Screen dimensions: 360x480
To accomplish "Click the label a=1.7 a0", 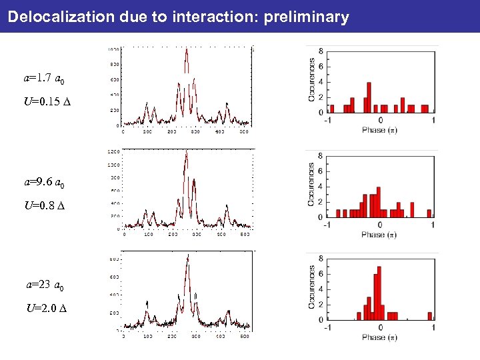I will tap(44, 79).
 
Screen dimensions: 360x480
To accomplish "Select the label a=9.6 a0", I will tap(44, 182).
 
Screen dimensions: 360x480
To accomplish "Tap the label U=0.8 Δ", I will tap(45, 206).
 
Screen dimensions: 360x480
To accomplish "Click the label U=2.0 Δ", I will tap(47, 308).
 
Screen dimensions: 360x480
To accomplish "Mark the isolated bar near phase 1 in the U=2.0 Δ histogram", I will tap(430, 316).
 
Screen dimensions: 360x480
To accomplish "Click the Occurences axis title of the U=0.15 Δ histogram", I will tap(311, 79).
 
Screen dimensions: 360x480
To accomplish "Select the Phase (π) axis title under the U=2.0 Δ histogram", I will tap(379, 337).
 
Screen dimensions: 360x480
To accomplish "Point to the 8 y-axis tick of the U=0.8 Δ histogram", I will tap(322, 156).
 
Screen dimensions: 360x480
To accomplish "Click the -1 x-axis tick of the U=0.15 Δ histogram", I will tap(327, 120).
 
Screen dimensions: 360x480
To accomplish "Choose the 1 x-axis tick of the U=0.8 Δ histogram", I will tap(433, 224).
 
